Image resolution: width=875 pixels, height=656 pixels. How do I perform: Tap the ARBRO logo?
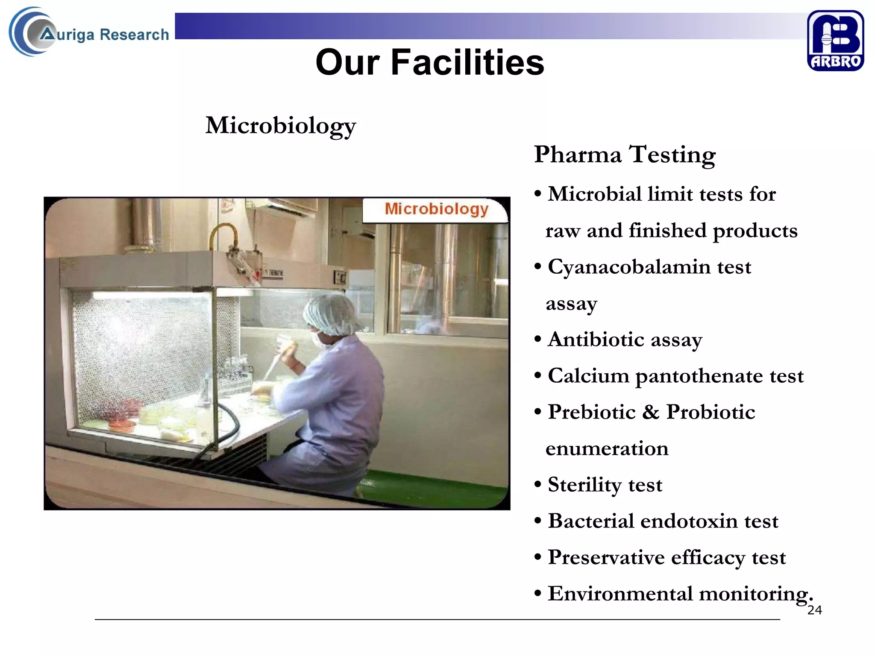point(835,41)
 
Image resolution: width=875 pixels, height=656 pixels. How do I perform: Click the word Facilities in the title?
point(467,62)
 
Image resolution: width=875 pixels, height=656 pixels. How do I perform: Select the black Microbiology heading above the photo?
point(280,126)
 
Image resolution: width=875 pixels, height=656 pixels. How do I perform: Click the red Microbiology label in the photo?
point(436,209)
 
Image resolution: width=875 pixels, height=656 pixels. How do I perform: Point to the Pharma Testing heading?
point(624,155)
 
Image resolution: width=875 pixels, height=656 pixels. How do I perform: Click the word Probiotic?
point(711,413)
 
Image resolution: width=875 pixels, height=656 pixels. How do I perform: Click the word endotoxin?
point(689,521)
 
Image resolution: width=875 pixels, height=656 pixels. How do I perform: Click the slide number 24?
point(814,610)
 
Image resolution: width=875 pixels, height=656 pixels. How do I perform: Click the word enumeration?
point(607,449)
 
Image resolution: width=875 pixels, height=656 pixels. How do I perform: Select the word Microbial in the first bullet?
point(594,195)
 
